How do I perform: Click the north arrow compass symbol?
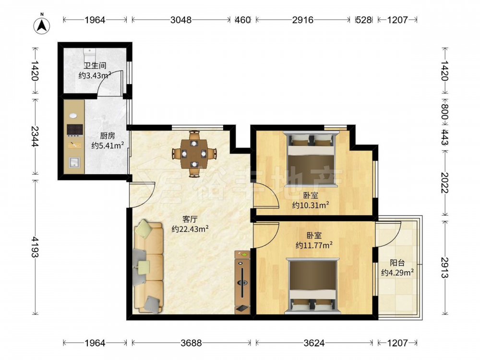point(42,24)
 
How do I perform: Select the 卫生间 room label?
point(95,65)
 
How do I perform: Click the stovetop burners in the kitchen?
point(75,130)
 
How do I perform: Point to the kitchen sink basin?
point(74,162)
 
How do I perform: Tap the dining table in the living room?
point(194,154)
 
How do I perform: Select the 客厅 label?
point(190,219)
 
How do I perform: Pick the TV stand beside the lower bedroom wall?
point(242,282)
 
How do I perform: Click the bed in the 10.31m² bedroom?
point(311,158)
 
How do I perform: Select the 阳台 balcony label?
point(397,263)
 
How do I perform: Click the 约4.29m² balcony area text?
point(397,272)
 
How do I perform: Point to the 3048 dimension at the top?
point(180,20)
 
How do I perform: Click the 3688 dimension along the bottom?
point(191,343)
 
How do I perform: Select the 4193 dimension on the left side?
point(35,247)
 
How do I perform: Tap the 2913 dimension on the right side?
point(444,267)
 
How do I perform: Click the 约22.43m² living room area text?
point(190,228)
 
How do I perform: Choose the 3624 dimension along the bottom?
point(314,343)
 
